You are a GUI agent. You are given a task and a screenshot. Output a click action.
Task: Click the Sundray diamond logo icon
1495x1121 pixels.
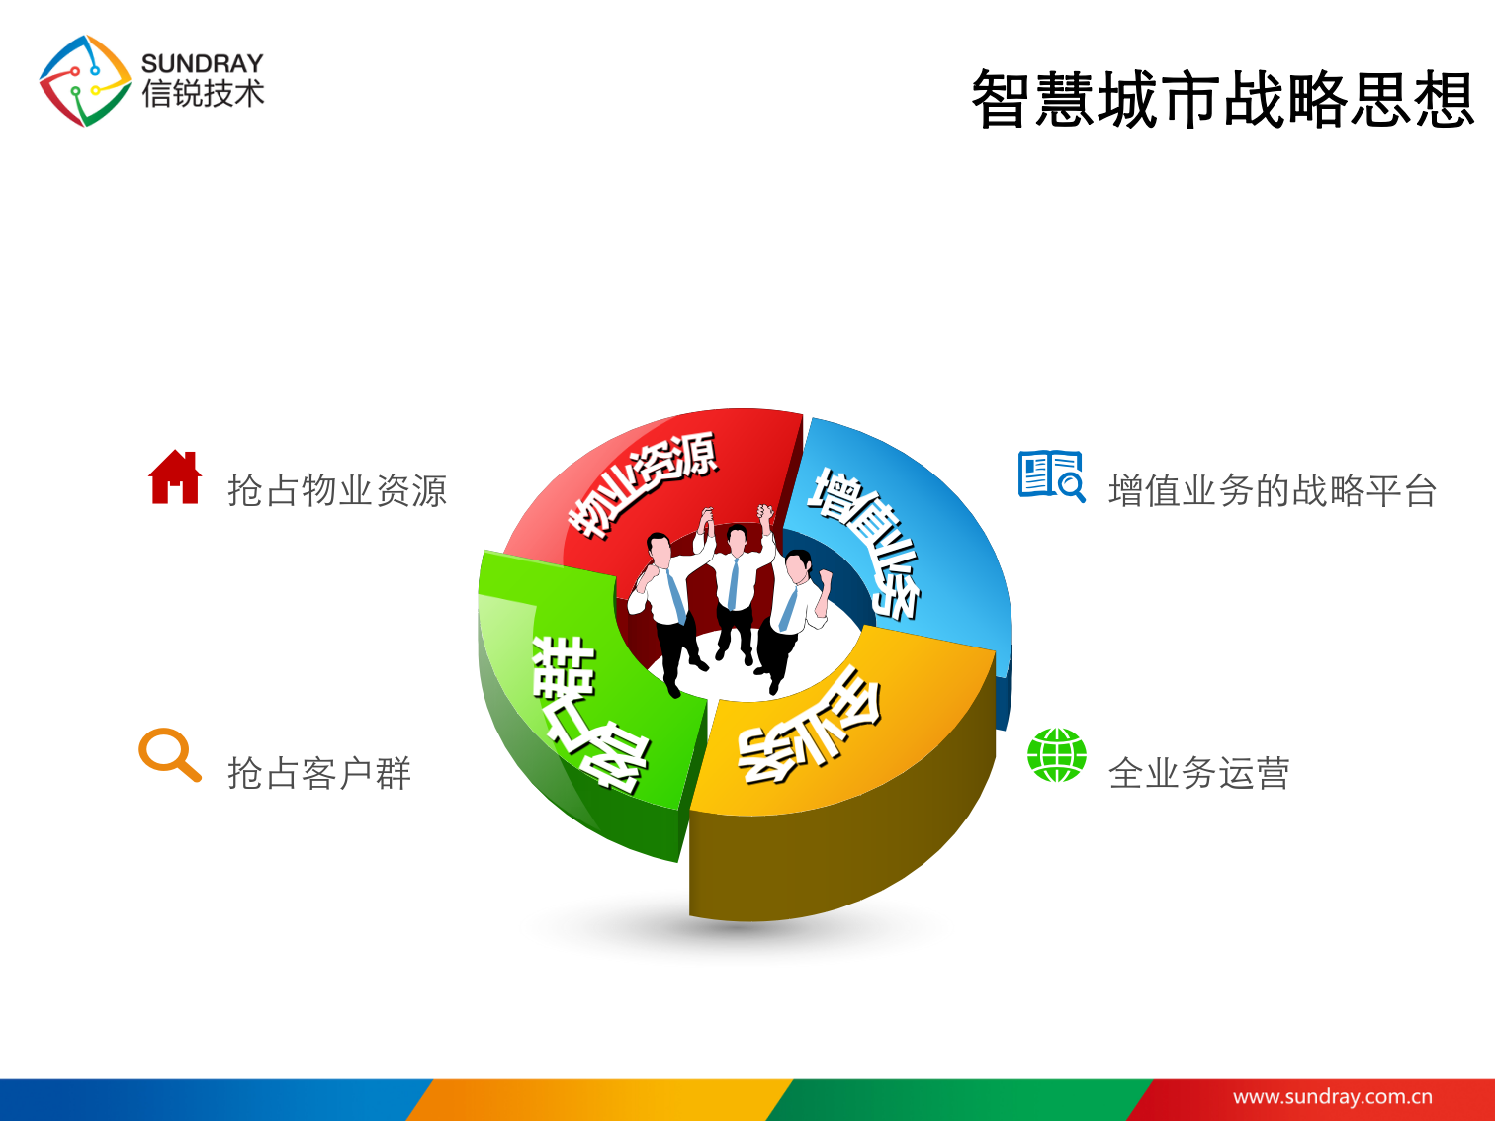[x=84, y=81]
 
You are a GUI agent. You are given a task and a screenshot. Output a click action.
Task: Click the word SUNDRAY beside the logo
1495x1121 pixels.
[x=203, y=63]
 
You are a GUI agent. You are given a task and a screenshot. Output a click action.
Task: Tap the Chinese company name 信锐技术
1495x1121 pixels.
[x=203, y=95]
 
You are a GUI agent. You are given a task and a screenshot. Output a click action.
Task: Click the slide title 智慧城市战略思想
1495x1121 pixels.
[x=1222, y=100]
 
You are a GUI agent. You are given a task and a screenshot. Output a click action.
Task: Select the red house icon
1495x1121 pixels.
[x=175, y=477]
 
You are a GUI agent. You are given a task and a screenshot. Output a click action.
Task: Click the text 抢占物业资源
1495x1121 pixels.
[x=337, y=490]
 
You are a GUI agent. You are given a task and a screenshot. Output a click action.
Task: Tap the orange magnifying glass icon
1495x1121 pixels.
[x=169, y=756]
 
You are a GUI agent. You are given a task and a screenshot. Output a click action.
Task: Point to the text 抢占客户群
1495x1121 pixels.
[x=318, y=773]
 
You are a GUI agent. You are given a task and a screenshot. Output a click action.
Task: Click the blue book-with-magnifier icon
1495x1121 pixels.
[x=1051, y=476]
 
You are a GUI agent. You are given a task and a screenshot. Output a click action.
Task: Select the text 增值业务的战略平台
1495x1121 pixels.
[x=1273, y=490]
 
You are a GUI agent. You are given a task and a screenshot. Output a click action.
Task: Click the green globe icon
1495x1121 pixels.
[x=1056, y=755]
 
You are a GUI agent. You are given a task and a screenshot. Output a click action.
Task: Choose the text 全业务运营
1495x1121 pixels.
[x=1198, y=773]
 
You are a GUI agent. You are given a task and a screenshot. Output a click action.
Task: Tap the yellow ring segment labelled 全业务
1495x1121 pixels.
[x=821, y=732]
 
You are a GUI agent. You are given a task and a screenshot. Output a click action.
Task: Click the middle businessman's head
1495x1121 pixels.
[x=737, y=540]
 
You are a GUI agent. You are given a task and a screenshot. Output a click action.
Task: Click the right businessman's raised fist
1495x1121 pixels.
[x=823, y=576]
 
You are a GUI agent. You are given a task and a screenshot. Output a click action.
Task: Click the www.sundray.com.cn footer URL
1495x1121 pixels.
[x=1332, y=1096]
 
